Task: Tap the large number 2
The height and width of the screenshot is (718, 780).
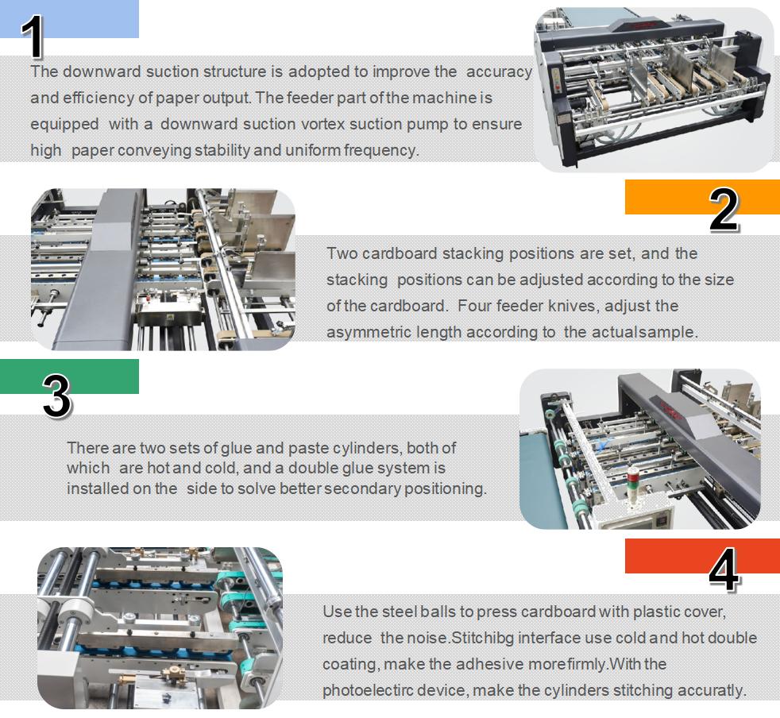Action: (723, 210)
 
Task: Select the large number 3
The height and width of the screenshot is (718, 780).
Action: (56, 396)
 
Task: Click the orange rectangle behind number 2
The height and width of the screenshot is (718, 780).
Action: (667, 196)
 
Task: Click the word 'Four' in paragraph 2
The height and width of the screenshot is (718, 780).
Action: (474, 306)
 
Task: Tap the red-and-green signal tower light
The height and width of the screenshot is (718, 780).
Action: (631, 484)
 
